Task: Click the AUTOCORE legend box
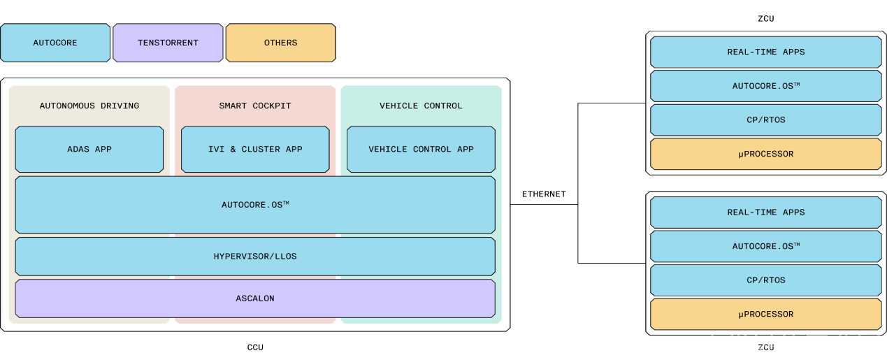(x=55, y=43)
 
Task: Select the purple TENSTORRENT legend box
(x=168, y=43)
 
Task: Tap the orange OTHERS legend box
(x=280, y=43)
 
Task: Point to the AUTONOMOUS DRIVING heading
(x=89, y=106)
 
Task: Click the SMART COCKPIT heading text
(x=255, y=106)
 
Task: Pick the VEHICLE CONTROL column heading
(x=421, y=106)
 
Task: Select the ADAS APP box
(x=89, y=149)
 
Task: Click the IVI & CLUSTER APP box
(x=255, y=149)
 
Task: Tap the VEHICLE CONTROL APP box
(x=421, y=149)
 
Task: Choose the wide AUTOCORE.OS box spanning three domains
(x=255, y=205)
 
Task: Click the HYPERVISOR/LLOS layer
(x=255, y=257)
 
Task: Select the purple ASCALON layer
(x=255, y=298)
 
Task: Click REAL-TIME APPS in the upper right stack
(x=765, y=52)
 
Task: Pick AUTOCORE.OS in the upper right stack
(x=765, y=86)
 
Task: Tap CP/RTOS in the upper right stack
(x=765, y=120)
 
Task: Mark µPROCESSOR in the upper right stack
(x=765, y=154)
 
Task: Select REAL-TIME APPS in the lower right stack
(x=765, y=212)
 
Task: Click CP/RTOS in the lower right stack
(x=765, y=280)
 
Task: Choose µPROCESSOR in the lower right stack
(x=765, y=315)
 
